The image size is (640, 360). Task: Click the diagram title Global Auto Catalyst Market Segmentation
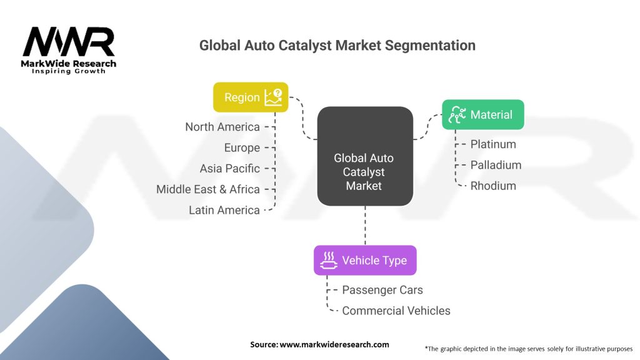click(337, 46)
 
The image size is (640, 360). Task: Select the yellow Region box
click(250, 97)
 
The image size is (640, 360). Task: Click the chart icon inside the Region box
click(273, 97)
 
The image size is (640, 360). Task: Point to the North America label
click(222, 127)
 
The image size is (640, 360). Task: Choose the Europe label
click(242, 147)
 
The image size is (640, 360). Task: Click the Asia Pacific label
click(229, 169)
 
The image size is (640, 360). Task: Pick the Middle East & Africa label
click(208, 189)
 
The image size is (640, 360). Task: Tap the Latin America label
click(224, 211)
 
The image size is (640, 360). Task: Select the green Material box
click(482, 114)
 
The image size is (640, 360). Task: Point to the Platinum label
click(493, 144)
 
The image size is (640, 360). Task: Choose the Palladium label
click(496, 165)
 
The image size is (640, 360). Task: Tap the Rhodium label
click(493, 186)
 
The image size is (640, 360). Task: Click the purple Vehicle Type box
click(365, 260)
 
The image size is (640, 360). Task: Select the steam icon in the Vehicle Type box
click(329, 260)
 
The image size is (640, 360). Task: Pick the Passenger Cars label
click(382, 290)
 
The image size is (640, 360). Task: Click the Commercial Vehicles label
click(396, 311)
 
